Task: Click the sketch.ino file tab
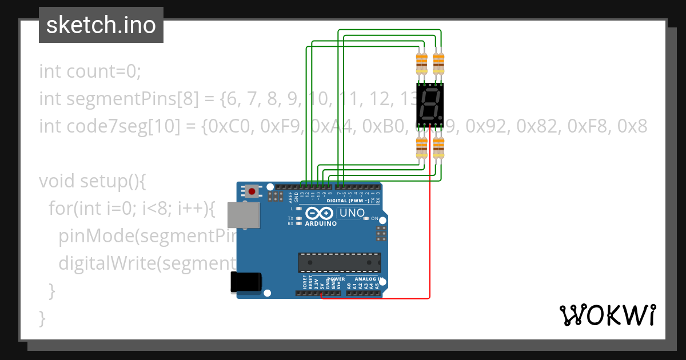101,25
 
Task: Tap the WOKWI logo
607,315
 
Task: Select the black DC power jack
245,283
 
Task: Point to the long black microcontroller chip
339,262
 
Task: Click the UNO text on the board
352,213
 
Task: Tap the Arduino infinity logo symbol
319,214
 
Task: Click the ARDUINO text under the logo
321,223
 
